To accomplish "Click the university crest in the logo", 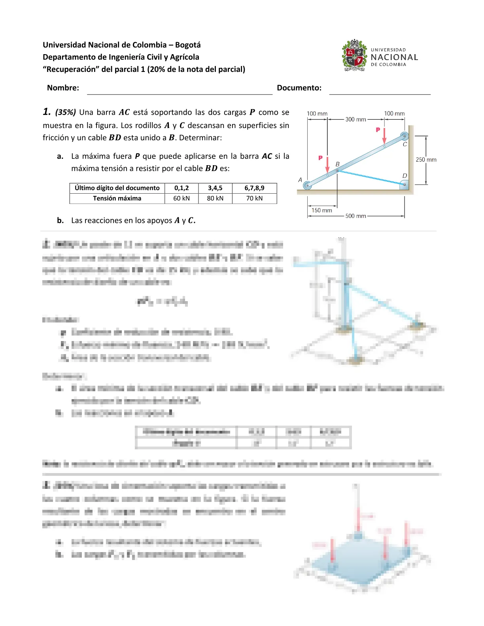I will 354,55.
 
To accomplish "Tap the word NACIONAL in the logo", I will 394,57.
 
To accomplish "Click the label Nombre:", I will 63,88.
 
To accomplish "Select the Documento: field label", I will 299,88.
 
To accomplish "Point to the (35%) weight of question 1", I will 66,112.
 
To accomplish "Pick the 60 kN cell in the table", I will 181,198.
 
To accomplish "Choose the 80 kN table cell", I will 215,198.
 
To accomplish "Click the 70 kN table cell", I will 254,198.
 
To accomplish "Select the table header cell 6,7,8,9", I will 254,188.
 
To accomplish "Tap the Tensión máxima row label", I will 117,198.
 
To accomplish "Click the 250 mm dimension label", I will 426,160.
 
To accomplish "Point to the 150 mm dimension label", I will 322,210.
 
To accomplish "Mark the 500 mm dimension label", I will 355,216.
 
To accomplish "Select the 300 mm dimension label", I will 355,119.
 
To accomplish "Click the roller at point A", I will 307,185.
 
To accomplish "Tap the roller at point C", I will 404,136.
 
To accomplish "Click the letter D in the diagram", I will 405,175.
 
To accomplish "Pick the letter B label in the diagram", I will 337,164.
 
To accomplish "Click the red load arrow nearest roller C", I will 384,136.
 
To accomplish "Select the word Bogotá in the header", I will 188,45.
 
